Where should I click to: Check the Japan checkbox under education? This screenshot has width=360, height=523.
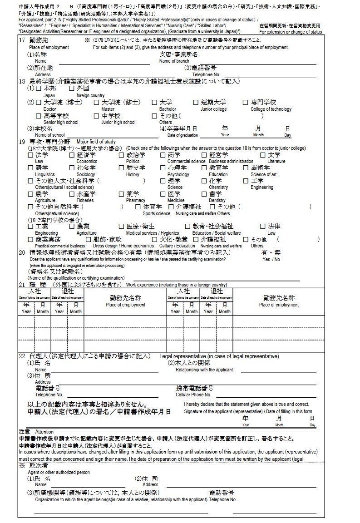pyautogui.click(x=39, y=89)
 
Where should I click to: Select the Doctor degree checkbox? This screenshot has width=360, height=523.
pyautogui.click(x=39, y=103)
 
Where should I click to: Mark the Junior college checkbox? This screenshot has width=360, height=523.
pyautogui.click(x=196, y=103)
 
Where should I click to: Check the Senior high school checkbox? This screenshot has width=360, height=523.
pyautogui.click(x=39, y=116)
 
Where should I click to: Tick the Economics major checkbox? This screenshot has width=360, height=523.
pyautogui.click(x=72, y=155)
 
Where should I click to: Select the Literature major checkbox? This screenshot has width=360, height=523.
pyautogui.click(x=262, y=155)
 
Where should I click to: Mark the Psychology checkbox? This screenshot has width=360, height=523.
pyautogui.click(x=163, y=168)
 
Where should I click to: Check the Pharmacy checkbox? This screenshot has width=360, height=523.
pyautogui.click(x=121, y=194)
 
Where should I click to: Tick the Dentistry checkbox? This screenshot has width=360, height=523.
pyautogui.click(x=204, y=194)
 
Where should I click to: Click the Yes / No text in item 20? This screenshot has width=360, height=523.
pyautogui.click(x=271, y=259)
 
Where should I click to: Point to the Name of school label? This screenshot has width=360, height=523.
pyautogui.click(x=50, y=135)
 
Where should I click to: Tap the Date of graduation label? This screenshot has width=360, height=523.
pyautogui.click(x=182, y=135)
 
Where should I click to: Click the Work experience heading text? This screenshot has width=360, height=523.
pyautogui.click(x=176, y=285)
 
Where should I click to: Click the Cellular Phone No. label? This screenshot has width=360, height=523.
pyautogui.click(x=193, y=395)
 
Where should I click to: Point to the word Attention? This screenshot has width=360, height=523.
pyautogui.click(x=44, y=432)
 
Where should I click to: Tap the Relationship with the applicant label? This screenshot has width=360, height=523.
pyautogui.click(x=204, y=370)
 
